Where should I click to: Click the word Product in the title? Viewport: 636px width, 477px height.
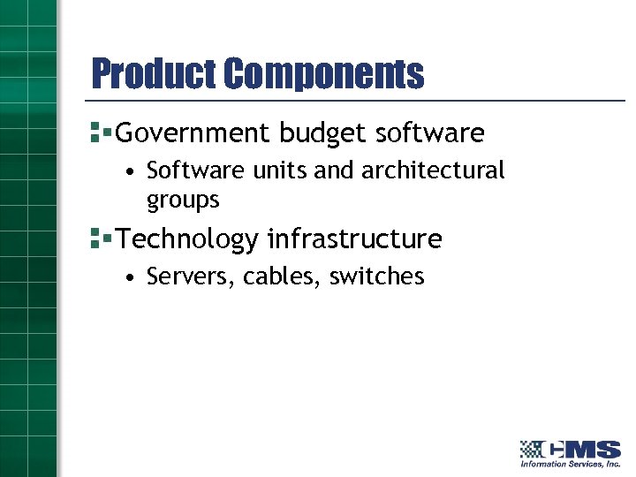(x=154, y=74)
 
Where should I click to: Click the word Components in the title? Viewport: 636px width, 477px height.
(x=323, y=74)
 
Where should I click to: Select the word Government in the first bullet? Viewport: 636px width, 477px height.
(x=193, y=133)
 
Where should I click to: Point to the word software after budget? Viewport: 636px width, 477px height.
(x=430, y=133)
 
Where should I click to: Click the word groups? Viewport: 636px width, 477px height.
(x=183, y=201)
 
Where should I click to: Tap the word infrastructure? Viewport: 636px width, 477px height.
(x=354, y=238)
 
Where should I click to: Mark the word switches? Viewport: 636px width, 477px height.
(x=376, y=276)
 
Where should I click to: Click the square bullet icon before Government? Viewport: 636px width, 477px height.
(x=98, y=133)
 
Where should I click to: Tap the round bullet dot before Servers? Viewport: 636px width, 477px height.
(x=129, y=277)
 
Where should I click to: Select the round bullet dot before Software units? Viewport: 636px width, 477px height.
(x=129, y=170)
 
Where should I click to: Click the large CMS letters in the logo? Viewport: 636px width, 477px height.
(x=582, y=449)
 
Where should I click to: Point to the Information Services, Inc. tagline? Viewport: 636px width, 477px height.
(x=570, y=464)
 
